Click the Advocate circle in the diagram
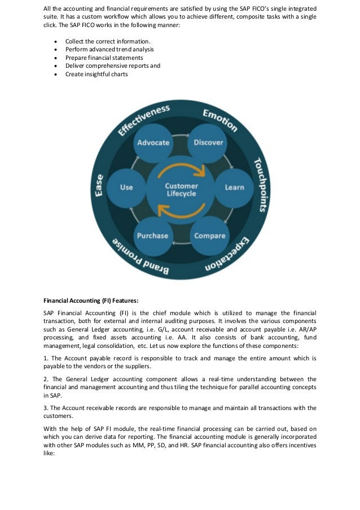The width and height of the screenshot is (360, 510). coord(153,142)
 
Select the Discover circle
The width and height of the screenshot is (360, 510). coord(208,142)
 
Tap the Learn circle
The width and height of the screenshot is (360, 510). coord(234,187)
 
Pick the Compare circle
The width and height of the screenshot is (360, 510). coord(209,236)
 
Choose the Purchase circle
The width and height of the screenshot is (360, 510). coord(153,236)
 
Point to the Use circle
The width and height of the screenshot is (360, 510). coord(126,187)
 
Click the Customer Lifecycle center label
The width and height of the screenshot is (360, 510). coord(181,190)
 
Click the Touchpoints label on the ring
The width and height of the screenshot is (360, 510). coord(260,184)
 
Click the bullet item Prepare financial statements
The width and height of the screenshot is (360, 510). coord(104,58)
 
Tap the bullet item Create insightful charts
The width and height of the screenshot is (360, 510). coord(96,73)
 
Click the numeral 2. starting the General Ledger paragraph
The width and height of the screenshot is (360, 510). coord(46,379)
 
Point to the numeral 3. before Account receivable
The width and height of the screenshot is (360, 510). coord(46,407)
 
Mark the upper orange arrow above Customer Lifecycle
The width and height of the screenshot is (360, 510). coord(181,168)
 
